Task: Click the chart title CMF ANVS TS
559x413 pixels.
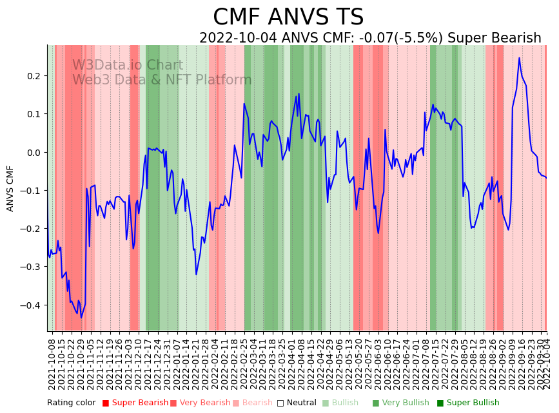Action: pyautogui.click(x=288, y=17)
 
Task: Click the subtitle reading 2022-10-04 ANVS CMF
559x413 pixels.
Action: pyautogui.click(x=370, y=38)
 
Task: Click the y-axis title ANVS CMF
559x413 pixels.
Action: pyautogui.click(x=10, y=188)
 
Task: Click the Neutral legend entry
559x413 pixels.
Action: pyautogui.click(x=300, y=403)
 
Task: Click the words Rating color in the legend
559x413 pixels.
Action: pyautogui.click(x=71, y=403)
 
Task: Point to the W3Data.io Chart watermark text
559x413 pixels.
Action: pyautogui.click(x=128, y=65)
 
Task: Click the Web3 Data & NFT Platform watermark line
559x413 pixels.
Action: pyautogui.click(x=162, y=80)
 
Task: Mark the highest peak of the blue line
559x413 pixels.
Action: pyautogui.click(x=519, y=58)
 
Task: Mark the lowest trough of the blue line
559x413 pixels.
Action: pyautogui.click(x=81, y=318)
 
